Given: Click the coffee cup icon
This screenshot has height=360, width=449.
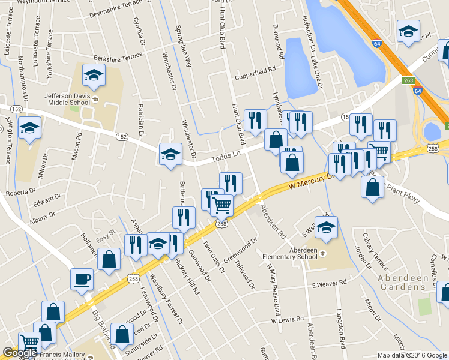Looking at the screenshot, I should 82,279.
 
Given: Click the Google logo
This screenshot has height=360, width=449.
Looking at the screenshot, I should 20,353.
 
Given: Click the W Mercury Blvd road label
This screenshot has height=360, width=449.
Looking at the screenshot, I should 310,179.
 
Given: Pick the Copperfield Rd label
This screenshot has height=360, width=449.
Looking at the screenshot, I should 255,73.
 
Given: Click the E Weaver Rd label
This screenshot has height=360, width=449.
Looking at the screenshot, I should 329,283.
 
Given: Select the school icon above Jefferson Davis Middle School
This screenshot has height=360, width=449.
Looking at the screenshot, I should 94,75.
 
